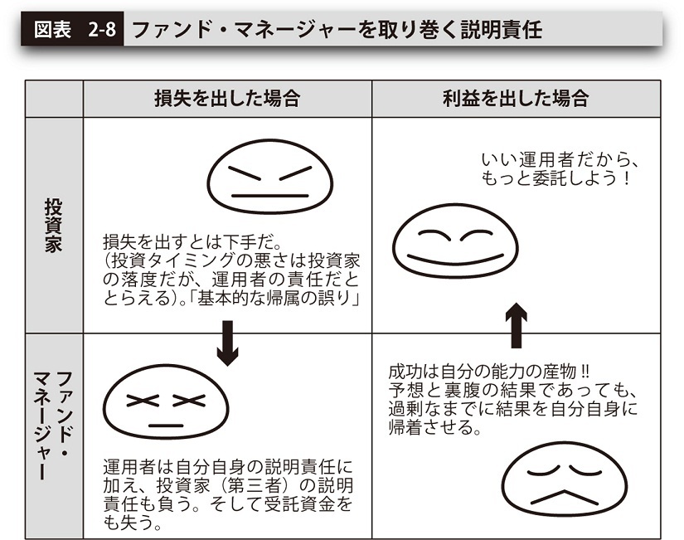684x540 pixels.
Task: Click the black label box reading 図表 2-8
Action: [72, 29]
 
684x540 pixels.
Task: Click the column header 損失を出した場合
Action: [227, 99]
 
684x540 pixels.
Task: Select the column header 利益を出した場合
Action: [516, 99]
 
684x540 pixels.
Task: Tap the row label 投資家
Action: [54, 226]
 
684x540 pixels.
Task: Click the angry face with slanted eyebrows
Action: [269, 177]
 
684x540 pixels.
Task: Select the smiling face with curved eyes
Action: [455, 241]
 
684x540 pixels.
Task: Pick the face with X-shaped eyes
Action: [166, 402]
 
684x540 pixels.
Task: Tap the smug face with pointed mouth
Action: [565, 479]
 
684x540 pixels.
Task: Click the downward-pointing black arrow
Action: [228, 343]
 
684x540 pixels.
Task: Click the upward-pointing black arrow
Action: [516, 325]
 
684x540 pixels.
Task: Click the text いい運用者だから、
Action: [560, 160]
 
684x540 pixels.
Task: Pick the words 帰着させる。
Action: [435, 427]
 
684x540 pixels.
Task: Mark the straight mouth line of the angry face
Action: [269, 196]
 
